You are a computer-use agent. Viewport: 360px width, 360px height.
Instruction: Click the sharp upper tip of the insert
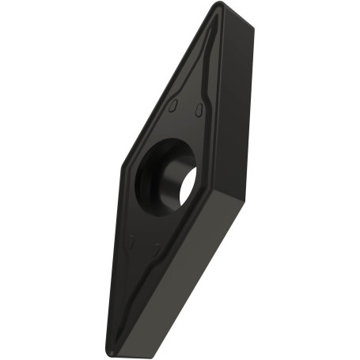pos(219,6)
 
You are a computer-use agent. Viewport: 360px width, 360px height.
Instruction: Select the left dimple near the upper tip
pos(173,106)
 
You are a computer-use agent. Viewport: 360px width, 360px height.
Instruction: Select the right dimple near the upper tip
pos(199,108)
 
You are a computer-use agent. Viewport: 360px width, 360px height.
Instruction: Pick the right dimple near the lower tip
pos(156,248)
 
